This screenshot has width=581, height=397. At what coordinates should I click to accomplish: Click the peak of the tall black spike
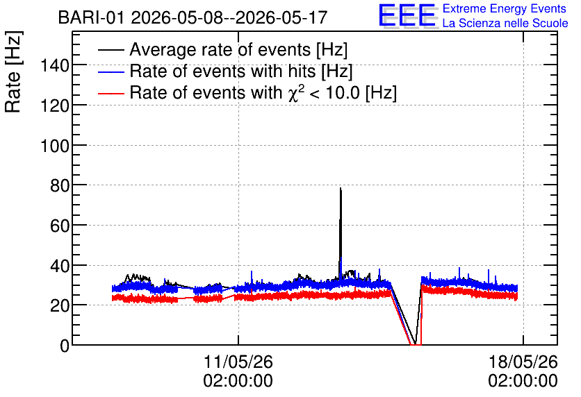(x=341, y=188)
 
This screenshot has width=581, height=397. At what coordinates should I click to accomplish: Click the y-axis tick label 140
(x=55, y=66)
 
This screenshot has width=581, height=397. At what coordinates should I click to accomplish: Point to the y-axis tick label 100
(x=55, y=146)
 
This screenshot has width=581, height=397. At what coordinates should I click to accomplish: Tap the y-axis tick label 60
(x=60, y=226)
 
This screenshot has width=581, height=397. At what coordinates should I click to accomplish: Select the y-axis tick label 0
(x=65, y=346)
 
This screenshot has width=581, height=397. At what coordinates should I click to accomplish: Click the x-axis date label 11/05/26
(x=238, y=362)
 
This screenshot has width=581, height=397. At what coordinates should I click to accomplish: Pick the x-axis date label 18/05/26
(x=523, y=362)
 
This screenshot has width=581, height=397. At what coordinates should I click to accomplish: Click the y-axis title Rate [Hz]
(x=13, y=71)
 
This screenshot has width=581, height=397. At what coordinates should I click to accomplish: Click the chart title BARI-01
(x=91, y=17)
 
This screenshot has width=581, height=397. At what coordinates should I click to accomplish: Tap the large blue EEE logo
(x=407, y=15)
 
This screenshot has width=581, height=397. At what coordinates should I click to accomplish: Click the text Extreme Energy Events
(x=505, y=8)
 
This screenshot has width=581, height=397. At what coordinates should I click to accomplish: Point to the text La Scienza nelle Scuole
(x=505, y=23)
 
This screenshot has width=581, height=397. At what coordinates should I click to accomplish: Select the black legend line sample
(x=111, y=50)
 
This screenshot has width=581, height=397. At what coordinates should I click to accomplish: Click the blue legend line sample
(x=111, y=71)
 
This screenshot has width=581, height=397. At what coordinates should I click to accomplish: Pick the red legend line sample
(x=111, y=93)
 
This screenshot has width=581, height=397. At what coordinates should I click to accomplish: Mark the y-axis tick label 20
(x=60, y=305)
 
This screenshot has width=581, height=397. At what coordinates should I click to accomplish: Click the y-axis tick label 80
(x=60, y=185)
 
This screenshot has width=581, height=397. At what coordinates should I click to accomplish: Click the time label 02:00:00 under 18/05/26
(x=523, y=381)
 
